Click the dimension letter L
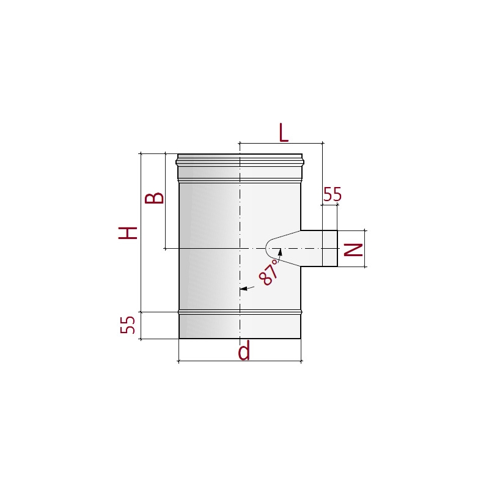tap(284, 133)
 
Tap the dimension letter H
tap(128, 233)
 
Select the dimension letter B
tap(155, 198)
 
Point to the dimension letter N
tap(353, 249)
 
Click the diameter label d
tap(244, 350)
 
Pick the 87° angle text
tap(269, 272)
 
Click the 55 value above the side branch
tap(333, 194)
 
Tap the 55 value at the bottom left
tap(128, 325)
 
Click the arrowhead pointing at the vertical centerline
tap(243, 289)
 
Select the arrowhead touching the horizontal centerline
tap(280, 252)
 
